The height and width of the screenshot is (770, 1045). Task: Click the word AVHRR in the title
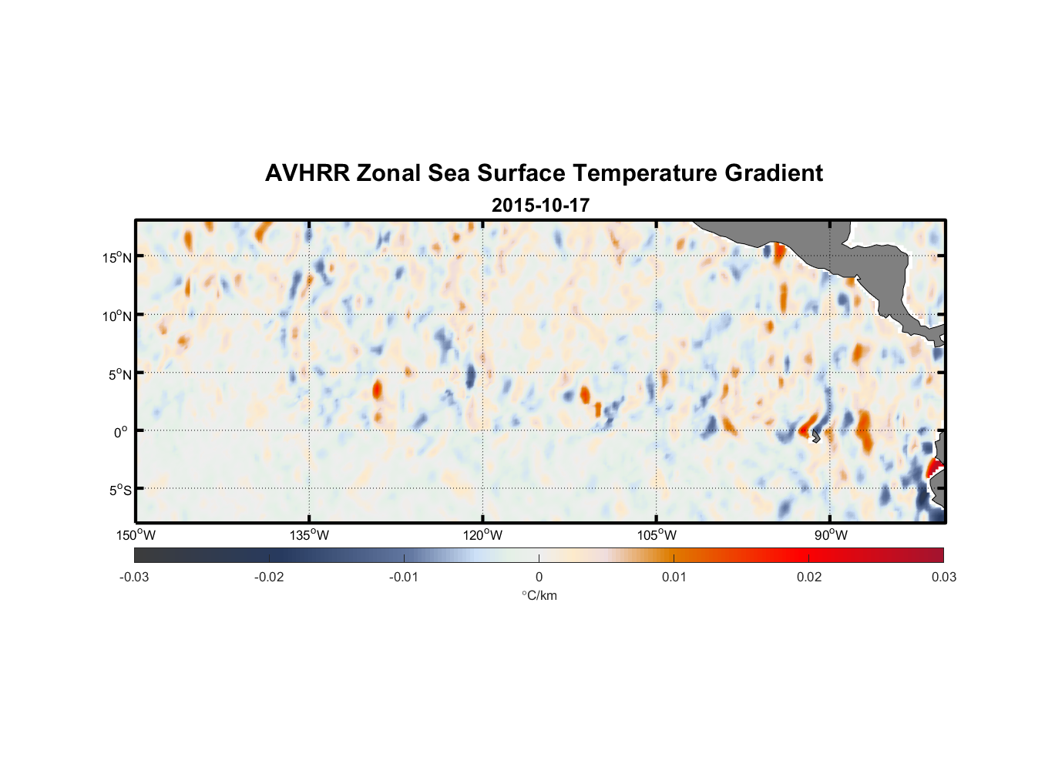point(307,173)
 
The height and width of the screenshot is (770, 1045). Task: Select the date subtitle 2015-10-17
point(540,206)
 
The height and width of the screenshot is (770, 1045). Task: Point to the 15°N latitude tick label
point(116,257)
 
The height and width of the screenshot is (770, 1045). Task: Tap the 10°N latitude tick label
point(116,316)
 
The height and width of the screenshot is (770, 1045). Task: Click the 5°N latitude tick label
point(119,374)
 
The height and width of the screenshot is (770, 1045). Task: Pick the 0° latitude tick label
point(121,432)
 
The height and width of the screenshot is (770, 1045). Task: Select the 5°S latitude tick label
point(119,490)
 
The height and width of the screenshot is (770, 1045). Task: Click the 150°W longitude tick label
point(136,535)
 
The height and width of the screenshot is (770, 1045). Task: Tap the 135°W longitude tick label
point(309,535)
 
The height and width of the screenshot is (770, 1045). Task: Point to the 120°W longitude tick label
point(483,535)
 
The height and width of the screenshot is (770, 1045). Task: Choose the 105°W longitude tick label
point(657,535)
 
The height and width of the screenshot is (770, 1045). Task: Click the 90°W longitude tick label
point(831,535)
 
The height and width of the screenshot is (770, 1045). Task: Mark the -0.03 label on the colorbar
point(134,577)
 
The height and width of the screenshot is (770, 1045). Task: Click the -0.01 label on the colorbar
point(404,577)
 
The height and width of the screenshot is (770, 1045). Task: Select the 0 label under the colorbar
point(539,577)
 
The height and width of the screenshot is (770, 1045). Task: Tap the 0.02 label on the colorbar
point(809,577)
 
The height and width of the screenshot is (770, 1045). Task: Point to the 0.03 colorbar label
point(943,577)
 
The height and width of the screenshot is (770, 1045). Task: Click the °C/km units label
point(539,595)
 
